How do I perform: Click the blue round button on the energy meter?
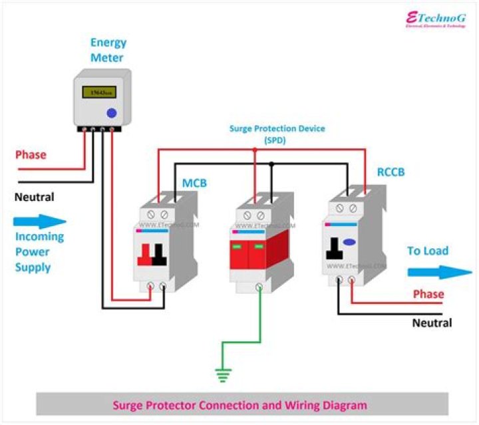(x=112, y=113)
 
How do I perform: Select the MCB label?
(x=195, y=182)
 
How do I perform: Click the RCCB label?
(x=391, y=172)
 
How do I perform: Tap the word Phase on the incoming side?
(x=31, y=155)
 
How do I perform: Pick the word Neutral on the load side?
(x=432, y=323)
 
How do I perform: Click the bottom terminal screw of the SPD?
(x=258, y=288)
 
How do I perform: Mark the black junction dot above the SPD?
(x=272, y=164)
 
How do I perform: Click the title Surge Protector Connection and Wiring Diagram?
(x=239, y=404)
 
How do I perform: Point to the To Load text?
(x=428, y=251)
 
